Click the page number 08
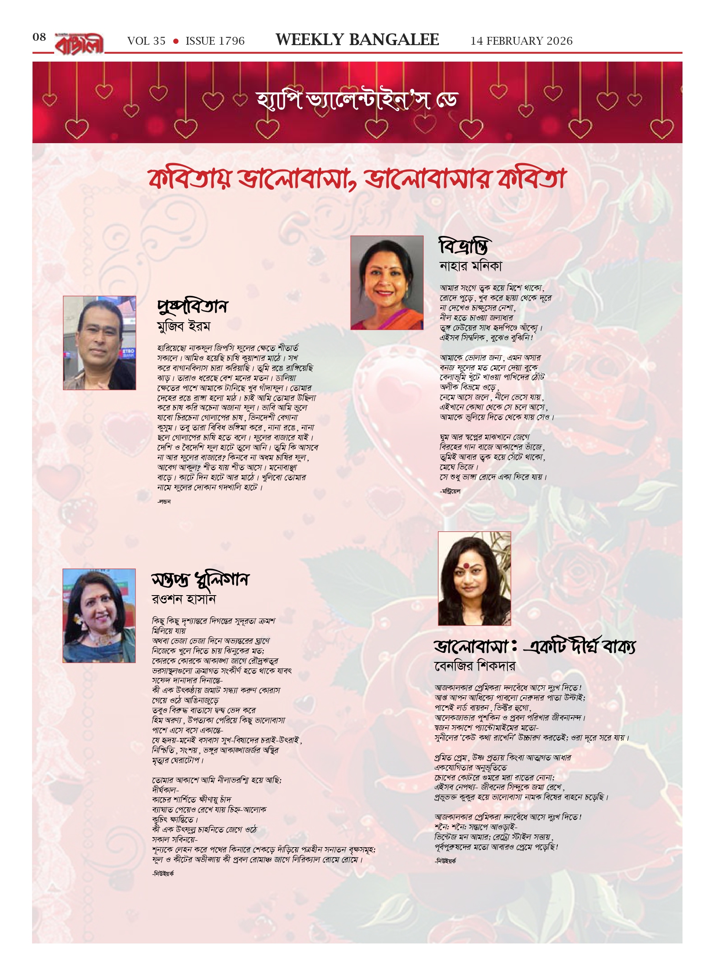point(39,37)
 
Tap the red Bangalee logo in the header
point(79,44)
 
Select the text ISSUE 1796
point(215,41)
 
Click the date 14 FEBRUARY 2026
point(521,41)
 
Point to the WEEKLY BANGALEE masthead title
point(357,40)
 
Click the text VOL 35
point(146,41)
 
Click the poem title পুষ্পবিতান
point(192,307)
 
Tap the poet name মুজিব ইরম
point(183,326)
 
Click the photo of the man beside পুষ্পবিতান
point(99,343)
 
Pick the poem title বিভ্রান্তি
point(463,246)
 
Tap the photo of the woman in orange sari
point(387,282)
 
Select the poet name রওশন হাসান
point(183,599)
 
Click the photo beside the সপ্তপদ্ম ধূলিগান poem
point(99,616)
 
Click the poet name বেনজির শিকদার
point(474,666)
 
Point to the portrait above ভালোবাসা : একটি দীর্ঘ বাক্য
point(474,578)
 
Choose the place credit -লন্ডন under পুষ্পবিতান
point(164,502)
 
